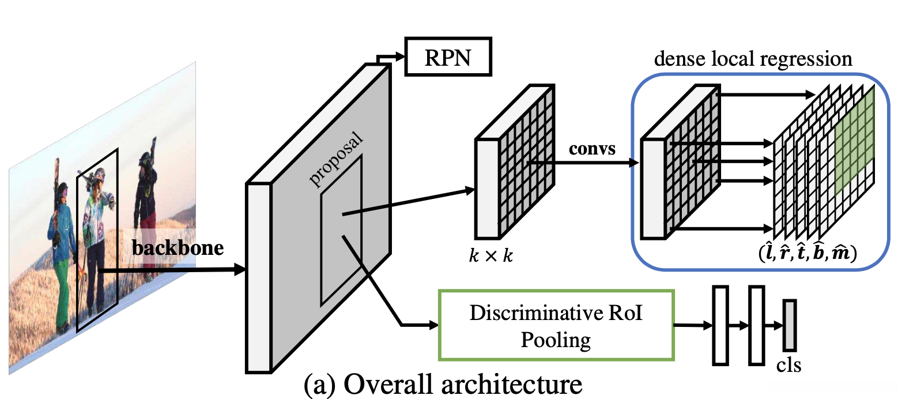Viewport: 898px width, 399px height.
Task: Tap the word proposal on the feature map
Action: (338, 160)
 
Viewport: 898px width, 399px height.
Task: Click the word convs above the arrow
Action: (592, 149)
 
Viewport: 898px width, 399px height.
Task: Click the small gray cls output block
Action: (789, 325)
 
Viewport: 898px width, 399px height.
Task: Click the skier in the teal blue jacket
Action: (60, 231)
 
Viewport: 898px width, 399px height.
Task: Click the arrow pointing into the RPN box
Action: (392, 57)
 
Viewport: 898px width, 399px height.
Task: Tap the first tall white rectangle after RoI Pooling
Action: (720, 325)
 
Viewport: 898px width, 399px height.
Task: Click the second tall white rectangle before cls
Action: (756, 325)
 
